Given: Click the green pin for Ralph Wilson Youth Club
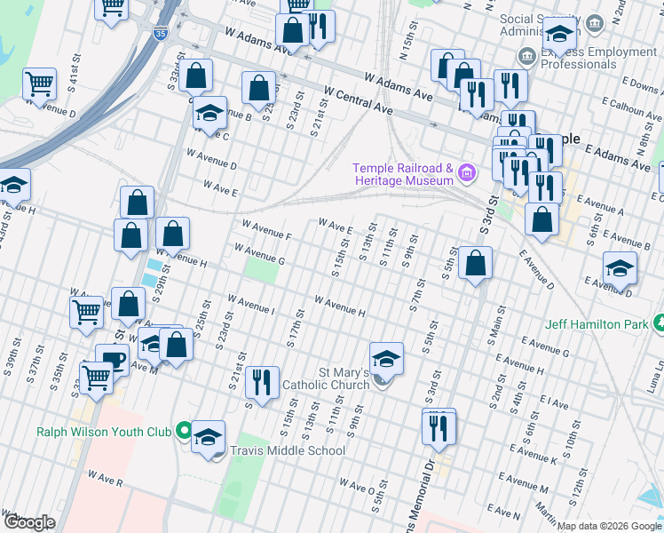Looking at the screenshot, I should tap(184, 432).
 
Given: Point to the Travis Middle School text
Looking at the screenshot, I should tap(288, 450).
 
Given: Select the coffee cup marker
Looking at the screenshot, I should tap(112, 360).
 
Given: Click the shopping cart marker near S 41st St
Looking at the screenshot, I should tap(40, 84).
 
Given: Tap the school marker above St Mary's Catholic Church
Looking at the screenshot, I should tap(386, 359).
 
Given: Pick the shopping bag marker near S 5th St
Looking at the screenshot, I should tap(475, 263).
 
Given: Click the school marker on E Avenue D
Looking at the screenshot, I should tap(620, 267).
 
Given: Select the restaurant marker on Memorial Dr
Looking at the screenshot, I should tap(439, 429).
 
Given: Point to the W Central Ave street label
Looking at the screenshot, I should tap(358, 99).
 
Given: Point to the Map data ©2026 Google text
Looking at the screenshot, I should tap(609, 526).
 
